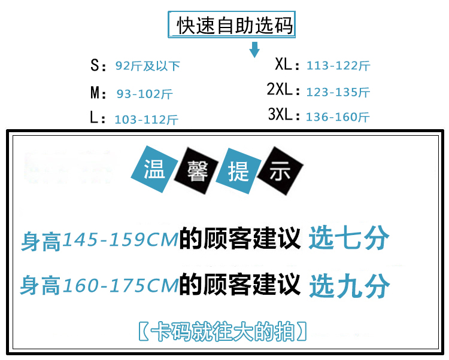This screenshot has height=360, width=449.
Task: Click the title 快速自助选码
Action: (x=235, y=27)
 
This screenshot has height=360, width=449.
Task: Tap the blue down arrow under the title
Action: (x=254, y=49)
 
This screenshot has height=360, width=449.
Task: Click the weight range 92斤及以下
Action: (x=147, y=66)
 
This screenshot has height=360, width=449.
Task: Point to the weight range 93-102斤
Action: (x=145, y=94)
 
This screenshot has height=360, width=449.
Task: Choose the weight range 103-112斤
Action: (x=146, y=120)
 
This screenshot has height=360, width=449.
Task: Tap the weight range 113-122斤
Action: (x=338, y=66)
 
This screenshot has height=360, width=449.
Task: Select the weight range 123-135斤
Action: (x=338, y=92)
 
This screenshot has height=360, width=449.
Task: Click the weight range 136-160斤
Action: (x=338, y=117)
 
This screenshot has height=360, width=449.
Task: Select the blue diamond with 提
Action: (x=239, y=172)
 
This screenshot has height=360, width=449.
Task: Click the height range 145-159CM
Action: (x=120, y=240)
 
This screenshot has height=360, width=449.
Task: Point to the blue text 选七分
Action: (x=349, y=239)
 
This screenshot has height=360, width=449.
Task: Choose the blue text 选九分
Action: (x=349, y=286)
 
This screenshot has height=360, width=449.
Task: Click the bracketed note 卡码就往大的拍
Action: (x=223, y=331)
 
